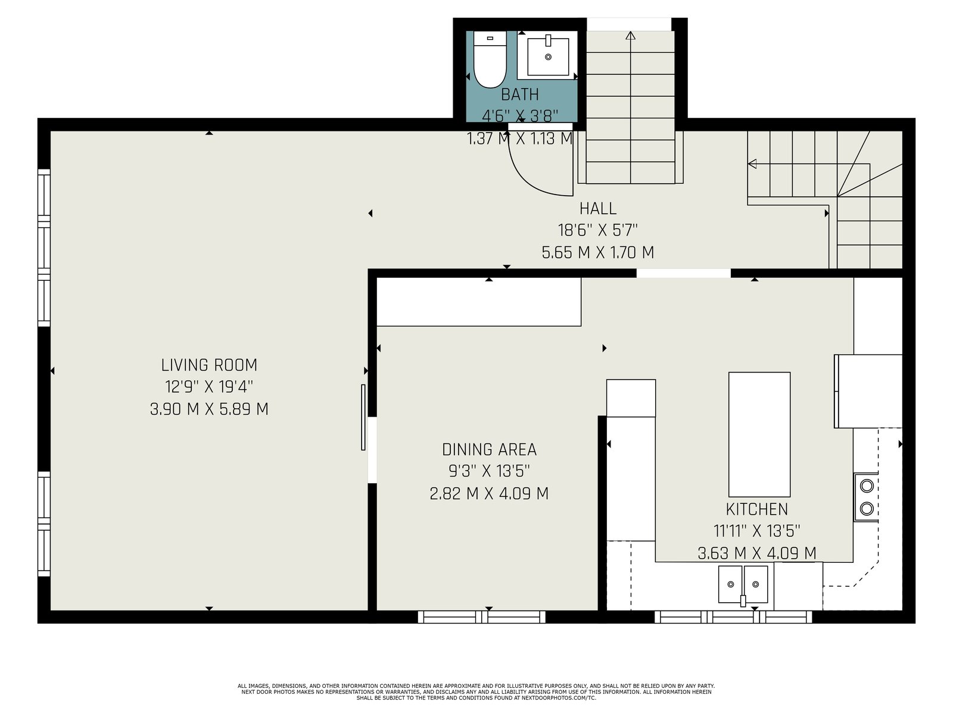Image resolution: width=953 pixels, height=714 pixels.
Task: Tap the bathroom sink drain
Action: [x=548, y=57]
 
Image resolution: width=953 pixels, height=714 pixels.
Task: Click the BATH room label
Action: [x=520, y=95]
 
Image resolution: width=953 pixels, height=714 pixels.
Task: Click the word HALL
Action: [x=598, y=209]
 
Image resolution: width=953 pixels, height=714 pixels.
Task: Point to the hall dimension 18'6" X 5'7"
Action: [x=598, y=230]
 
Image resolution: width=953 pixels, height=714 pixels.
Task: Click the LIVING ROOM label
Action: [x=209, y=365]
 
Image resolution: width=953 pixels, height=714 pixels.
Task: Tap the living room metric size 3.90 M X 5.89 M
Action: [x=209, y=409]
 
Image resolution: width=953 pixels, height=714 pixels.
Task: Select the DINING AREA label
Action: [x=490, y=450]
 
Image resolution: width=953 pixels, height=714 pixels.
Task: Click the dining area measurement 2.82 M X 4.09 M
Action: [x=490, y=493]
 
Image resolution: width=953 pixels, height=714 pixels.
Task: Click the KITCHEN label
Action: [x=757, y=509]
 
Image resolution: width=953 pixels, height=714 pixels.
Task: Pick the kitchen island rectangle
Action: [x=759, y=434]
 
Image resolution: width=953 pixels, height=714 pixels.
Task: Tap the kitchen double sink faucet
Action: [x=743, y=600]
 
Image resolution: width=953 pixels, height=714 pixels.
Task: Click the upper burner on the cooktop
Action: [x=867, y=486]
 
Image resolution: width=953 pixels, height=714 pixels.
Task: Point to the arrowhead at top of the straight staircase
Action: [x=630, y=36]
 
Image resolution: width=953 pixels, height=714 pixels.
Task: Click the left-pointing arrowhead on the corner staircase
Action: [x=752, y=164]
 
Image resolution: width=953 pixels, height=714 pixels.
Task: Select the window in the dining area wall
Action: [x=481, y=617]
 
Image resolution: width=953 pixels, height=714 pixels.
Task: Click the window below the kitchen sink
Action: [x=733, y=617]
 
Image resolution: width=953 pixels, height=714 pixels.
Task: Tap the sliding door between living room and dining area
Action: [x=363, y=417]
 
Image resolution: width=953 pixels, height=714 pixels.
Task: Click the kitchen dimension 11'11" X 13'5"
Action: [x=757, y=531]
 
